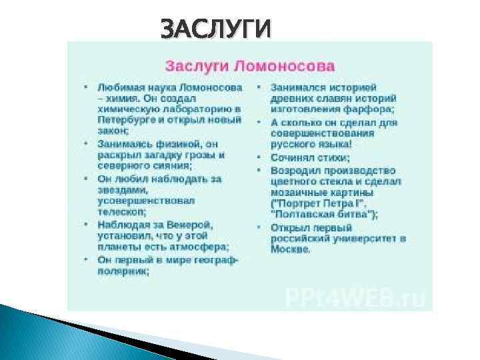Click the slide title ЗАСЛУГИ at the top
(217, 29)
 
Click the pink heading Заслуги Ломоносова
(250, 67)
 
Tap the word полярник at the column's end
(123, 271)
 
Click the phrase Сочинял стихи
(310, 158)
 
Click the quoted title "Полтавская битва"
(324, 214)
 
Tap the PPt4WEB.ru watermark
(355, 297)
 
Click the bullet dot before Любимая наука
(86, 87)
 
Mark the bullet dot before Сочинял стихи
(259, 158)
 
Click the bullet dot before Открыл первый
(259, 228)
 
